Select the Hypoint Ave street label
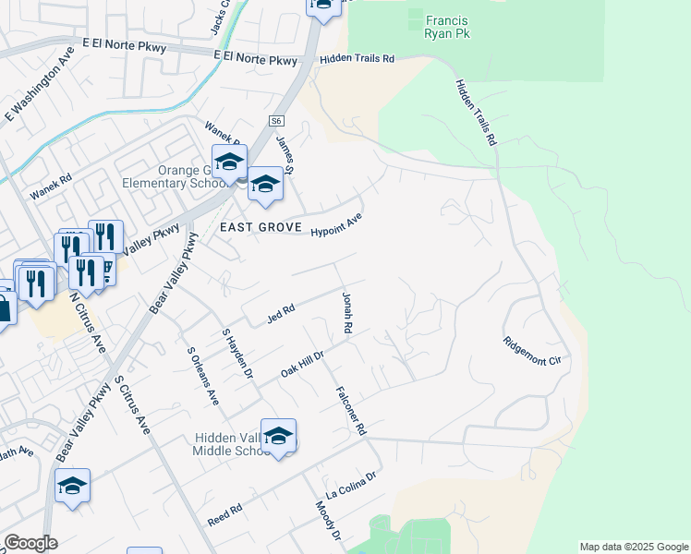pyautogui.click(x=333, y=224)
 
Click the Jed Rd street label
pyautogui.click(x=280, y=314)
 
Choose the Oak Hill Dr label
pyautogui.click(x=303, y=364)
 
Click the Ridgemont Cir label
pyautogui.click(x=533, y=350)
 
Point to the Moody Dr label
pyautogui.click(x=329, y=522)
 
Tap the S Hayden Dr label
pyautogui.click(x=236, y=352)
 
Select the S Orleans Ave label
pyautogui.click(x=203, y=376)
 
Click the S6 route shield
pyautogui.click(x=276, y=121)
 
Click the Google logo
pyautogui.click(x=30, y=543)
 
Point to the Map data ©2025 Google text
pyautogui.click(x=633, y=547)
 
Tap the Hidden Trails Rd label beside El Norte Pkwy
pyautogui.click(x=357, y=59)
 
